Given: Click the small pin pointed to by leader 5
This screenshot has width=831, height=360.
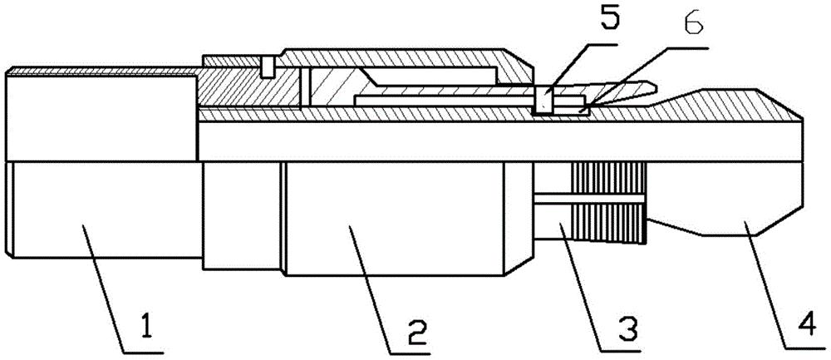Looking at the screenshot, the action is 543,100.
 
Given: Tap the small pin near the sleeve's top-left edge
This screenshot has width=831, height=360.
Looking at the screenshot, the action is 268,67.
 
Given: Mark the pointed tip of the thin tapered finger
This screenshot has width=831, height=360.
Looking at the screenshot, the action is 656,86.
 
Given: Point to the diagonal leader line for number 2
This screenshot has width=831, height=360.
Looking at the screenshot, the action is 370,289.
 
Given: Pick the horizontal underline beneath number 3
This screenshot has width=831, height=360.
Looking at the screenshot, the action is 620,351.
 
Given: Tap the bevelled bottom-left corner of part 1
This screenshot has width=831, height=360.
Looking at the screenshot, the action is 8,253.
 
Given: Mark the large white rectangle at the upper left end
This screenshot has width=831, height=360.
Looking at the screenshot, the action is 101,117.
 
